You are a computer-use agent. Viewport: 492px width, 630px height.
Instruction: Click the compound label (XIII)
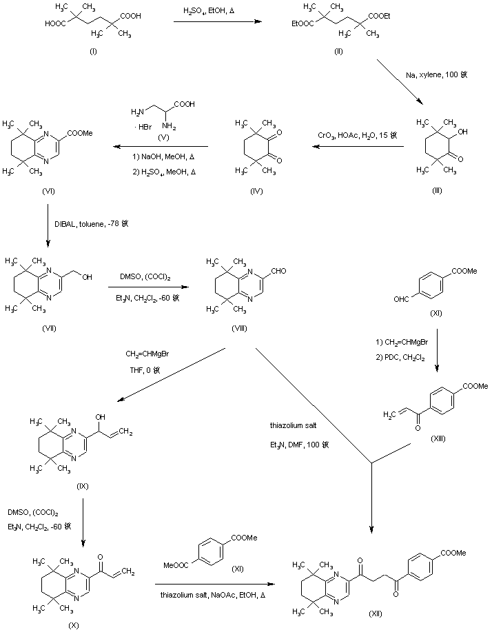[437, 438]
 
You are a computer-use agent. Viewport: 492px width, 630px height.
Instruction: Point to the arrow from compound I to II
[218, 23]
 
